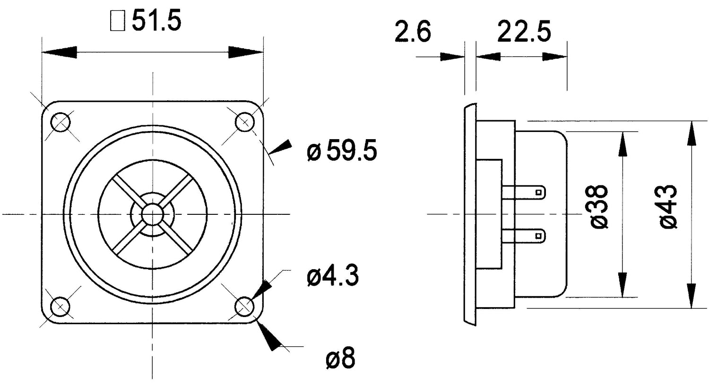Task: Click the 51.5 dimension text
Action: [156, 21]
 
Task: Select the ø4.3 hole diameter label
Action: [332, 276]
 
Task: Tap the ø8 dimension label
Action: [340, 359]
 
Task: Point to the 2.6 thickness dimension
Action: [413, 33]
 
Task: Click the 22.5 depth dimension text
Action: [524, 33]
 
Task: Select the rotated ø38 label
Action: [599, 207]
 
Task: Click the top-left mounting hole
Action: [61, 123]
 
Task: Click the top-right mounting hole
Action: [244, 123]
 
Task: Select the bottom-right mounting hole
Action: [244, 307]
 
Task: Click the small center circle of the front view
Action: [153, 214]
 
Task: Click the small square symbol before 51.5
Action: [117, 22]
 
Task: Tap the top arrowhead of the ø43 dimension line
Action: [692, 132]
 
